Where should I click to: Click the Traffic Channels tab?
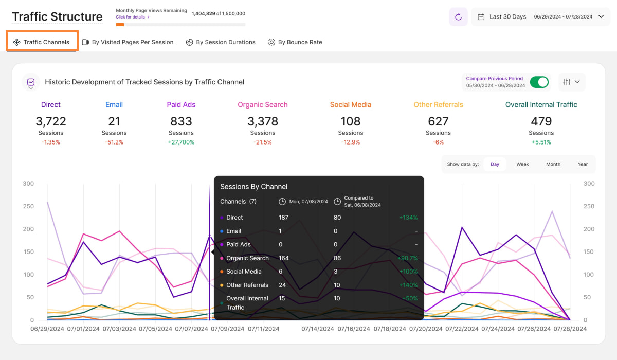pyautogui.click(x=42, y=42)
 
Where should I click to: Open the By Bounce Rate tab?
pyautogui.click(x=295, y=42)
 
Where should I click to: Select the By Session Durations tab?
pyautogui.click(x=221, y=42)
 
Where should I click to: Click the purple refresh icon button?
pyautogui.click(x=458, y=17)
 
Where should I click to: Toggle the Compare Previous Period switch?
pyautogui.click(x=539, y=82)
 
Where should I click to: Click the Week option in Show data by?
pyautogui.click(x=522, y=164)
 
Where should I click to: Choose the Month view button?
pyautogui.click(x=553, y=164)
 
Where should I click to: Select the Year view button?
pyautogui.click(x=583, y=164)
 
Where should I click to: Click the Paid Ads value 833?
pyautogui.click(x=181, y=121)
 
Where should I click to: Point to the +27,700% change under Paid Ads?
pyautogui.click(x=181, y=142)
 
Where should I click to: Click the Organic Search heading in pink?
pyautogui.click(x=262, y=104)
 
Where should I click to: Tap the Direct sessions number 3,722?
pyautogui.click(x=51, y=121)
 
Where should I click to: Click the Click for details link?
pyautogui.click(x=133, y=17)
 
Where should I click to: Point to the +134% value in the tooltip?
pyautogui.click(x=408, y=218)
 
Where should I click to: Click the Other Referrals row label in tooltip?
pyautogui.click(x=247, y=285)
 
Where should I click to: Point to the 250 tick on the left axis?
pyautogui.click(x=28, y=206)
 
